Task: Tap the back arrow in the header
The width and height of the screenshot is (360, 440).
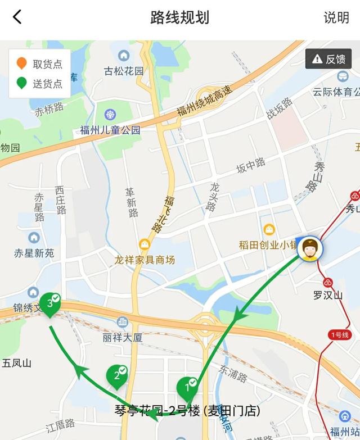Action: [17, 17]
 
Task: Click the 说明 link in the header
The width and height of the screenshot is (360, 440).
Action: [336, 17]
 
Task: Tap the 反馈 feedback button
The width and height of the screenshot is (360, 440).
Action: [328, 59]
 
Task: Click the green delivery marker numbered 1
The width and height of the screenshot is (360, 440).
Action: [188, 387]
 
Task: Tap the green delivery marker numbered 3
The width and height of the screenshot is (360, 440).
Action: [51, 304]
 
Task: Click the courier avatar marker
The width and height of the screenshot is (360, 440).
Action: [309, 250]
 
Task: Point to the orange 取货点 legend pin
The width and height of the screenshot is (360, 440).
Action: [22, 63]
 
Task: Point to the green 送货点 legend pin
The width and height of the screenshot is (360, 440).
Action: [22, 83]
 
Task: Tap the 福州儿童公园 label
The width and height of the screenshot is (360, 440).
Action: [110, 130]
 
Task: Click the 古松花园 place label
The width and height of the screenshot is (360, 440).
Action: [124, 71]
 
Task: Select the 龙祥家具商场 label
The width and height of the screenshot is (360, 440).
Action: [145, 260]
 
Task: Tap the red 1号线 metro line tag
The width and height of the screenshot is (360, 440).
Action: [340, 335]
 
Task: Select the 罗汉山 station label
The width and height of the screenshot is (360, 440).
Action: [328, 295]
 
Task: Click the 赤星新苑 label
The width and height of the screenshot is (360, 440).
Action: [34, 253]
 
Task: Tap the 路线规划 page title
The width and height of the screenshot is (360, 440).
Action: [180, 17]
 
